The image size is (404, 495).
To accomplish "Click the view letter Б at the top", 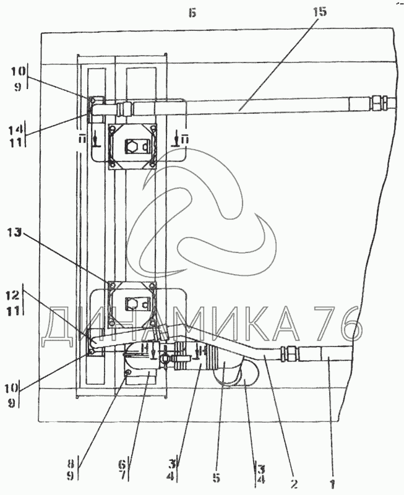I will [x=193, y=13].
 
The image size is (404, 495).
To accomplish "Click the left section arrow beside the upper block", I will [x=94, y=139].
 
